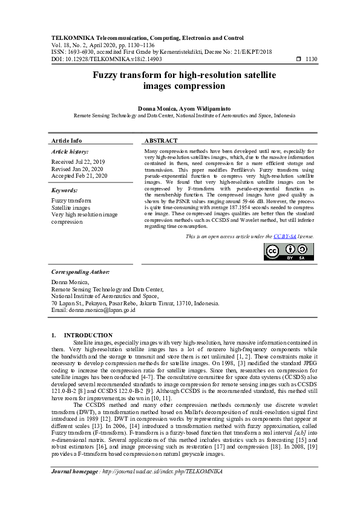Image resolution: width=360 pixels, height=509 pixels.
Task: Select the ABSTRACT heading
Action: (x=162, y=140)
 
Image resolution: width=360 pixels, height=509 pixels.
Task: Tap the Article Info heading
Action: (x=67, y=140)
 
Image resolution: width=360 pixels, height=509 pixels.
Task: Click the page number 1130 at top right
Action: (x=310, y=59)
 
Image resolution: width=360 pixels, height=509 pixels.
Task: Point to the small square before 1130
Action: (x=298, y=59)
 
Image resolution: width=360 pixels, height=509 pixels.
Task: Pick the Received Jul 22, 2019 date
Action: (x=78, y=162)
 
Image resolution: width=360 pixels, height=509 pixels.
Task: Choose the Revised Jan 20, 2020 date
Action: (x=77, y=169)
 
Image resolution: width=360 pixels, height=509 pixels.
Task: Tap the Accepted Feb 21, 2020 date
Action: (x=79, y=177)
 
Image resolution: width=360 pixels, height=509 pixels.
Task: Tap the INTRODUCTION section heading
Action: (x=88, y=335)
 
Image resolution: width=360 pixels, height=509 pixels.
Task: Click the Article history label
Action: (x=70, y=151)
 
